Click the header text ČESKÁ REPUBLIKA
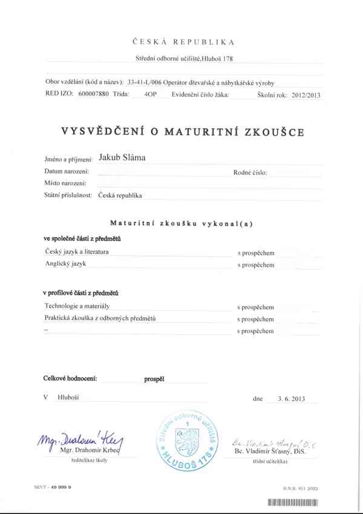(182, 42)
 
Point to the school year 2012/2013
(305, 94)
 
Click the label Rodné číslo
(250, 172)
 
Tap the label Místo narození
(65, 183)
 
